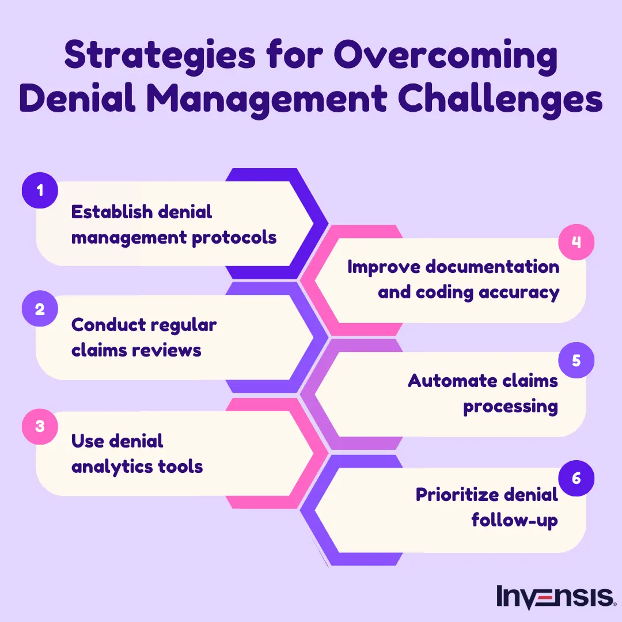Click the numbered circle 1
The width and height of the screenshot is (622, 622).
click(40, 189)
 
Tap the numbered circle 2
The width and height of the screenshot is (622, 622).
click(40, 309)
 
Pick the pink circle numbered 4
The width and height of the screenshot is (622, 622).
click(576, 242)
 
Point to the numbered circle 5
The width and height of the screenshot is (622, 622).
click(576, 361)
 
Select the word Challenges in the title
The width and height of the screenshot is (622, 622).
click(499, 100)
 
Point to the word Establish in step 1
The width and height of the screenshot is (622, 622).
click(108, 212)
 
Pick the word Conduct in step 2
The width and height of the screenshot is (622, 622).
click(105, 325)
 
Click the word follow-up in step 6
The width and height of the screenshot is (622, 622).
click(514, 520)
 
